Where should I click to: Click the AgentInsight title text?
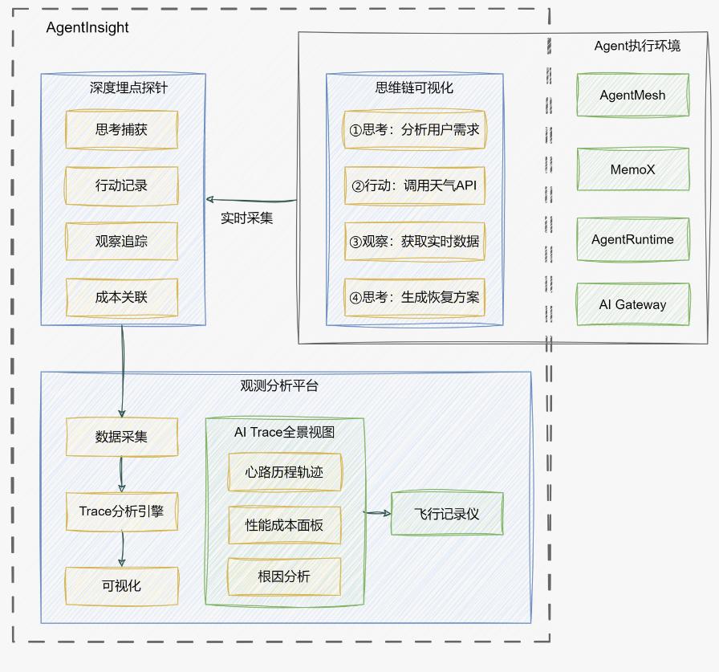(x=87, y=27)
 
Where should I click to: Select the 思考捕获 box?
(x=121, y=129)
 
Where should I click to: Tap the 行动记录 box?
(x=121, y=185)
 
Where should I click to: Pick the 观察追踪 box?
(x=121, y=241)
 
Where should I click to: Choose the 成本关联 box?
(x=121, y=297)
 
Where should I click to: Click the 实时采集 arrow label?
(x=247, y=218)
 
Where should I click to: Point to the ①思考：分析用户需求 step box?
(x=415, y=129)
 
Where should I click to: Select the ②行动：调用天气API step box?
(x=415, y=185)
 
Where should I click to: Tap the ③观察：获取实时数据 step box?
(x=415, y=241)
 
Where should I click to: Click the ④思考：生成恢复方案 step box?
(x=415, y=297)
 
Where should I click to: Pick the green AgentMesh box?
(x=632, y=95)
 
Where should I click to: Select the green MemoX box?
(x=632, y=169)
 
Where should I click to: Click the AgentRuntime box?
(x=632, y=239)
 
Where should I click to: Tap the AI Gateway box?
(x=632, y=304)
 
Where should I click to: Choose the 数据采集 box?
(x=121, y=438)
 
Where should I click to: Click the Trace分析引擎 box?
(x=121, y=511)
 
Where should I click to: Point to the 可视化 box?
(x=121, y=585)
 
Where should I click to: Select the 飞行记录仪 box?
(x=447, y=514)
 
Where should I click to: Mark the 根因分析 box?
(x=284, y=576)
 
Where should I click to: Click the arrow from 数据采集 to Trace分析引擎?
(x=121, y=474)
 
